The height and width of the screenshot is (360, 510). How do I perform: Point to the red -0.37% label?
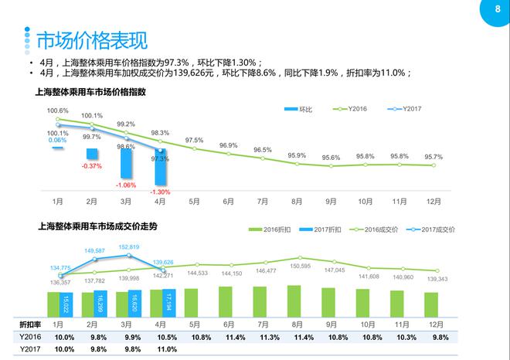92,165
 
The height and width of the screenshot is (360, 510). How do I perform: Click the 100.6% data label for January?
58,110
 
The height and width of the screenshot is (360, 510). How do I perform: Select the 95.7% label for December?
433,156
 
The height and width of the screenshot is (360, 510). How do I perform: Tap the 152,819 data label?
127,246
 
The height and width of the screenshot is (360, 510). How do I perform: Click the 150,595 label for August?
300,266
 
